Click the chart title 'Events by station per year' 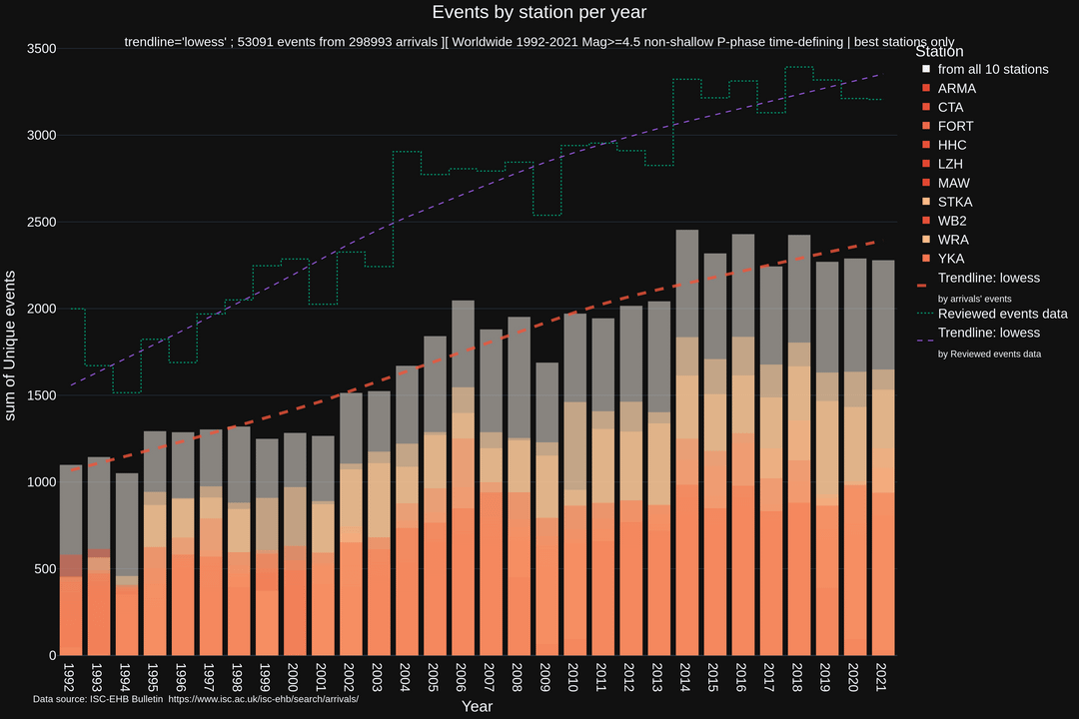pos(539,13)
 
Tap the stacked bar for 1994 pos(127,564)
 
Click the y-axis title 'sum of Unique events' pos(12,345)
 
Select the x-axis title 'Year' pos(477,706)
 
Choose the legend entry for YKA pos(950,259)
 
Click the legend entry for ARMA pos(956,88)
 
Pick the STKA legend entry pos(955,202)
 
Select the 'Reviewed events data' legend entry pos(1002,314)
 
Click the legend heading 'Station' pos(939,51)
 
